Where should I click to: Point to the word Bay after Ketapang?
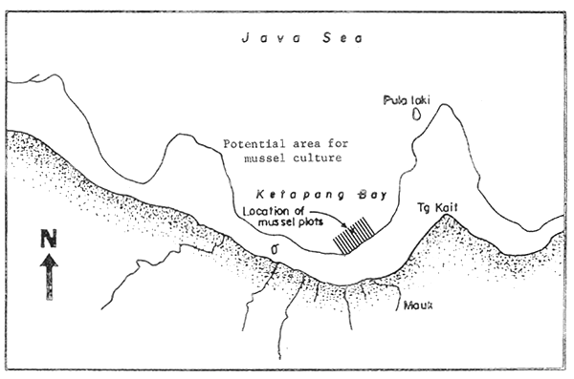[369, 194]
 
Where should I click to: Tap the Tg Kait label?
[436, 206]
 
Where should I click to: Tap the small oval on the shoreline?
[276, 251]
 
